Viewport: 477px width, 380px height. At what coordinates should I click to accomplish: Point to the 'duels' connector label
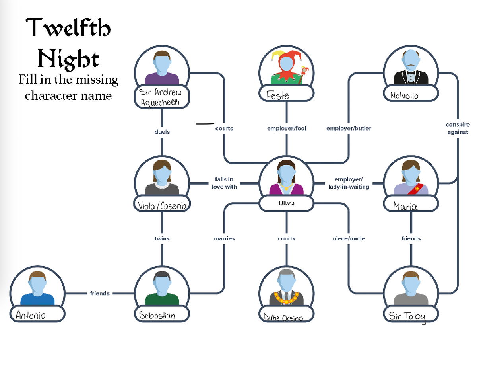(x=162, y=132)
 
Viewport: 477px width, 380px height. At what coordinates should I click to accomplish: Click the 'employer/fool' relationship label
(x=287, y=129)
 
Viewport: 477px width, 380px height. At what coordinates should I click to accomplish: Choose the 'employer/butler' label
(x=349, y=129)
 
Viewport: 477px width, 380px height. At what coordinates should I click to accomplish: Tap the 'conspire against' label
(x=458, y=129)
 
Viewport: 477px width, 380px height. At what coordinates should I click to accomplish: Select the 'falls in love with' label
(x=224, y=183)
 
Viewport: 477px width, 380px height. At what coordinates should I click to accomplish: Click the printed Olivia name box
(x=286, y=203)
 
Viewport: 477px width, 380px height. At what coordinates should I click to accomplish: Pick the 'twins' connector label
(x=162, y=238)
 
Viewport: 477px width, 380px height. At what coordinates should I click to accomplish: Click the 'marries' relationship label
(x=224, y=238)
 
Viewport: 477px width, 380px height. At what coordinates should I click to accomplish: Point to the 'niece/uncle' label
(x=349, y=238)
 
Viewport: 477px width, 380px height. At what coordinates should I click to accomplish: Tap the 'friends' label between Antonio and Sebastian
(x=100, y=293)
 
